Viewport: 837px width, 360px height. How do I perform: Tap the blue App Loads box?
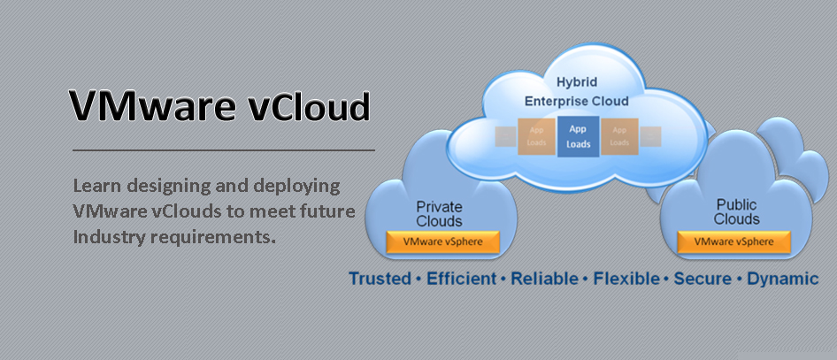(x=577, y=136)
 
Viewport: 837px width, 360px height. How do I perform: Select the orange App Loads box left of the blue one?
(x=536, y=136)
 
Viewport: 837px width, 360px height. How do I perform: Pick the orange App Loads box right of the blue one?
(x=619, y=136)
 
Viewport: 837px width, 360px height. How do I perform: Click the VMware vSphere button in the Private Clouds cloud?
(x=443, y=241)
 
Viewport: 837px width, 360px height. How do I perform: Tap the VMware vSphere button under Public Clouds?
(x=733, y=241)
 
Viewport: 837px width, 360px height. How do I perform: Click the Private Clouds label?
(x=440, y=214)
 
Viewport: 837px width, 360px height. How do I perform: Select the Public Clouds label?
(x=737, y=212)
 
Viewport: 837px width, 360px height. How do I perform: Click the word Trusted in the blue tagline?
(x=380, y=280)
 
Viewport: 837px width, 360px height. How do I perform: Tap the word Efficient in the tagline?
(x=463, y=280)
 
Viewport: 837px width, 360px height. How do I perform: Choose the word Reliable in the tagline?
(x=544, y=280)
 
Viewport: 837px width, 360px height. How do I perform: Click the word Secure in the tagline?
(x=702, y=280)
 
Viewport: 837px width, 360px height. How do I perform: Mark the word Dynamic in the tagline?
(x=783, y=280)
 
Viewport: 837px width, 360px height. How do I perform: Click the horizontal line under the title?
(x=223, y=150)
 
